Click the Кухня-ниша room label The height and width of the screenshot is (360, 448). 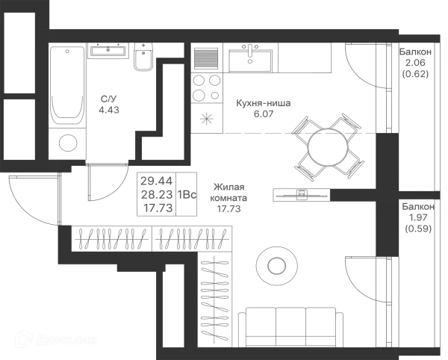pyautogui.click(x=261, y=102)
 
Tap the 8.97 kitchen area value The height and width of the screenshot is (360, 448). pyautogui.click(x=261, y=114)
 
